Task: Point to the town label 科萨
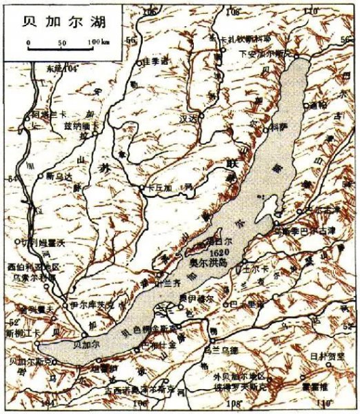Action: pos(277,127)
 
